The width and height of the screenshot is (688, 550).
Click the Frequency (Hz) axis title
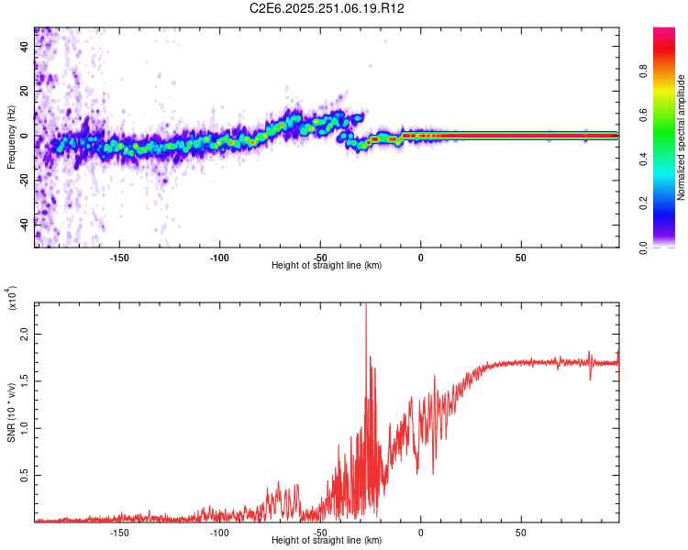click(10, 136)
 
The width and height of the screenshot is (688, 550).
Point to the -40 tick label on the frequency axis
click(23, 223)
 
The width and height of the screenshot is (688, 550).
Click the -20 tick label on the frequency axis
click(23, 179)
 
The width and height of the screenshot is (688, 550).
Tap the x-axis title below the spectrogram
click(327, 265)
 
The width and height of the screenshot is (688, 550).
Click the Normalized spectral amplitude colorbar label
click(681, 137)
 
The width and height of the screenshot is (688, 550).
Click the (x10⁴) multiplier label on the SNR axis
click(13, 298)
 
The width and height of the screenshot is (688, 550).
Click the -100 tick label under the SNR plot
click(219, 532)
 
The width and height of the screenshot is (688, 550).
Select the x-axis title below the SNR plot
click(327, 541)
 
